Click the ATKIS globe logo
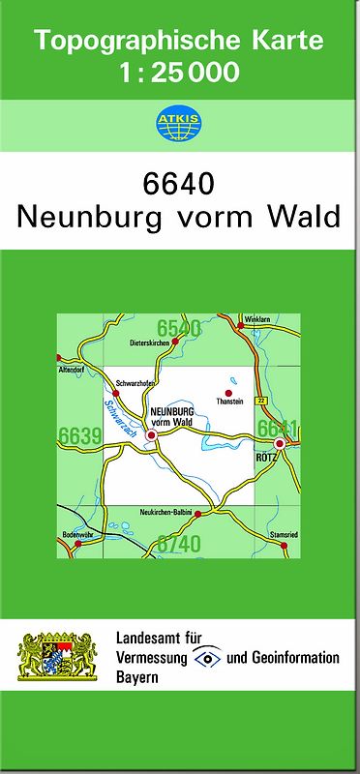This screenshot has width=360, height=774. pos(179,121)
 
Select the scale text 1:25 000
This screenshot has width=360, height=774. pos(180,72)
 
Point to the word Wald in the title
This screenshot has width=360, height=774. pos(308,216)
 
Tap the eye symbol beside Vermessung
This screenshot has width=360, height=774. pos(204,658)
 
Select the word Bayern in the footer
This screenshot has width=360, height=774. pos(137,676)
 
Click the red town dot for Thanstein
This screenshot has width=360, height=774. pos(229,393)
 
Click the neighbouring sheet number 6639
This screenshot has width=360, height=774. pos(80,436)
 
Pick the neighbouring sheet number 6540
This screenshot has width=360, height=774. pos(179,328)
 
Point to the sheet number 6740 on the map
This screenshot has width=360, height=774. pos(179,544)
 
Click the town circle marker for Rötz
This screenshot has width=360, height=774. pos(280,444)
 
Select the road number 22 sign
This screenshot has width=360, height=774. pos(261,401)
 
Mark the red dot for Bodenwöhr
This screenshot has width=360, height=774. pos(78,544)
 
